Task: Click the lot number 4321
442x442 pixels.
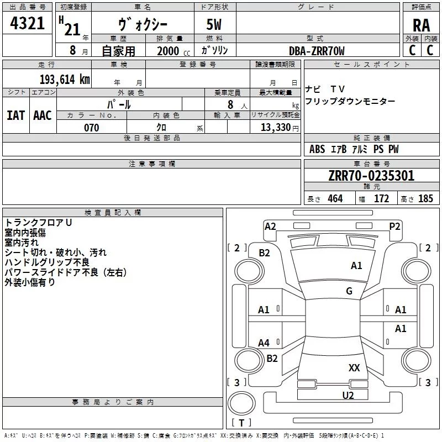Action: point(27,23)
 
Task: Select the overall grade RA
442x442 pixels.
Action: point(421,25)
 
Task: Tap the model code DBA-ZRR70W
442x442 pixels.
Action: point(317,51)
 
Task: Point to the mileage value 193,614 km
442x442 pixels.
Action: point(65,80)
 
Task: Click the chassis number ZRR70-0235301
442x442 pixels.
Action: point(371,176)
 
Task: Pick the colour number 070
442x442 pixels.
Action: point(91,128)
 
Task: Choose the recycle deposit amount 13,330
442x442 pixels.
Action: point(275,127)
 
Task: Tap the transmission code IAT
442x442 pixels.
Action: point(15,115)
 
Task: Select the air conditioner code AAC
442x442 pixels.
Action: point(43,115)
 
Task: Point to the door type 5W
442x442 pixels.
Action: point(214,24)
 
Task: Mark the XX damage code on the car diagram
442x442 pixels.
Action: point(354,367)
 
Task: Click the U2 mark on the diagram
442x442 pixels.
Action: point(348,395)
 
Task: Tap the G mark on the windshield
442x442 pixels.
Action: point(349,291)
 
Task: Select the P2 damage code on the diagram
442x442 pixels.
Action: point(394,227)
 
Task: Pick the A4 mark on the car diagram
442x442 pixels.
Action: point(264,343)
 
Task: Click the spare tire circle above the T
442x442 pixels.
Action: point(241,403)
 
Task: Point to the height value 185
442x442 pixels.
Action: point(425,198)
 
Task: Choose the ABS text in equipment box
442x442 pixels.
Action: point(317,149)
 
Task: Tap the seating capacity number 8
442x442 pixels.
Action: point(230,104)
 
